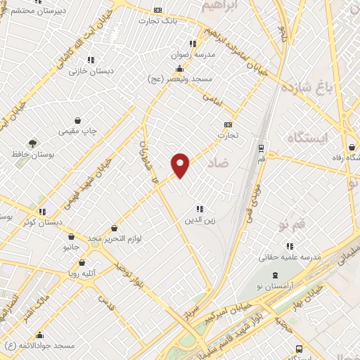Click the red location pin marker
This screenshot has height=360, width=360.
181,165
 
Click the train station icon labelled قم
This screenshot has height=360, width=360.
262,148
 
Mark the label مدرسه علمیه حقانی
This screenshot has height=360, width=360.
290,257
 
